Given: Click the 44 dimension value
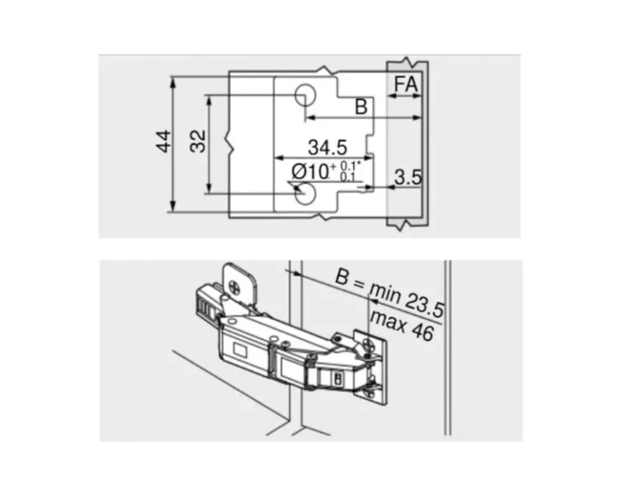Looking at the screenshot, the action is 164,141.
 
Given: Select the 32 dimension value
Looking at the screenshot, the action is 198,141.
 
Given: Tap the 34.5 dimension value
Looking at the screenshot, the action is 328,147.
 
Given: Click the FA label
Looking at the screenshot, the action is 406,84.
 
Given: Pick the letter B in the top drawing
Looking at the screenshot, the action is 361,107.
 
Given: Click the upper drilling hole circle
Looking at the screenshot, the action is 305,95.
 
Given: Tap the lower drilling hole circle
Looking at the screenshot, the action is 305,194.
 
